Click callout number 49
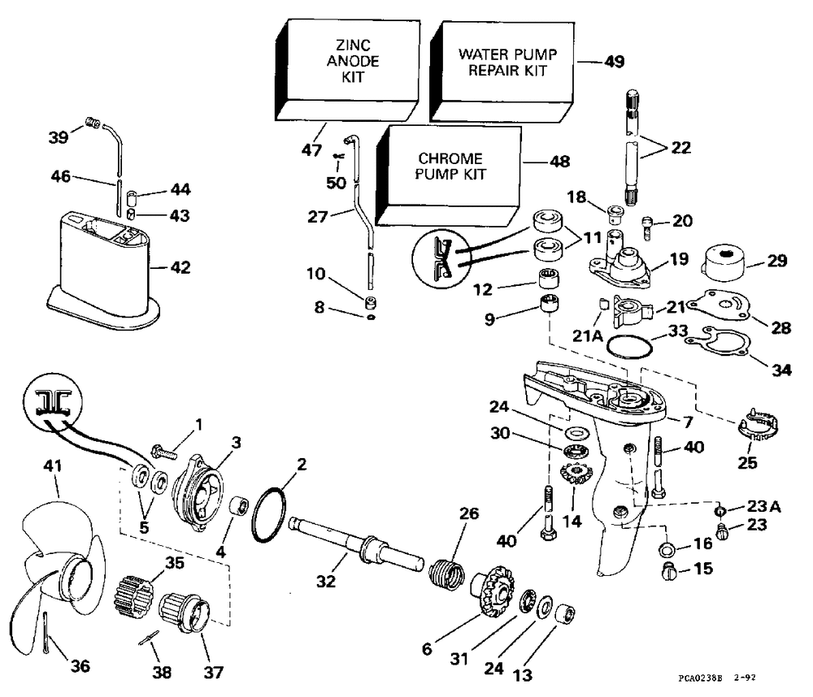pyautogui.click(x=614, y=62)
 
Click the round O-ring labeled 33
pyautogui.click(x=629, y=346)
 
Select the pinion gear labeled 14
pyautogui.click(x=576, y=474)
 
